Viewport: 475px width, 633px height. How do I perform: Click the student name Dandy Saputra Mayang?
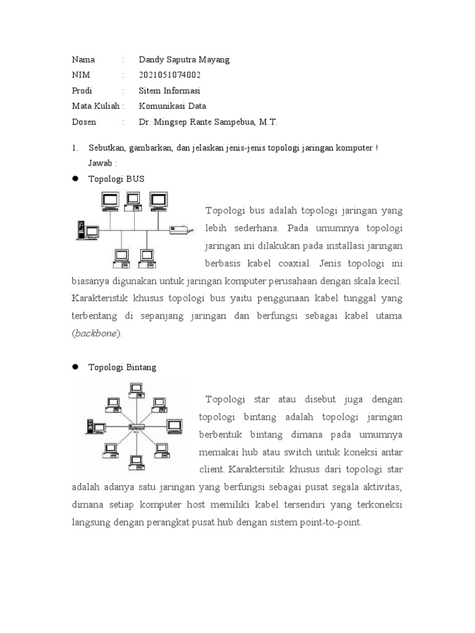pos(184,59)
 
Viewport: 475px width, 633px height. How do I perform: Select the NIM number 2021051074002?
pos(169,75)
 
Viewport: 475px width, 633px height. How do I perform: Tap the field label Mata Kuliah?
pos(94,106)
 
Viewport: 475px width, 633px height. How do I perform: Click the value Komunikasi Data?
pos(173,106)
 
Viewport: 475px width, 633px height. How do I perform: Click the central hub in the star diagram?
pos(135,427)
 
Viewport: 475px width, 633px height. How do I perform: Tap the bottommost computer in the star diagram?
pos(135,463)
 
